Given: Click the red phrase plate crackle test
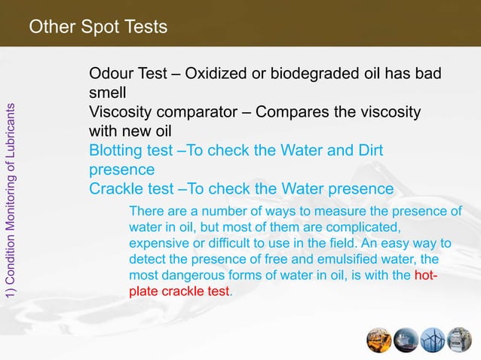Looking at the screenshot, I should [179, 290].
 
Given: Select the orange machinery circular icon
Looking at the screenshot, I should [379, 340].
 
